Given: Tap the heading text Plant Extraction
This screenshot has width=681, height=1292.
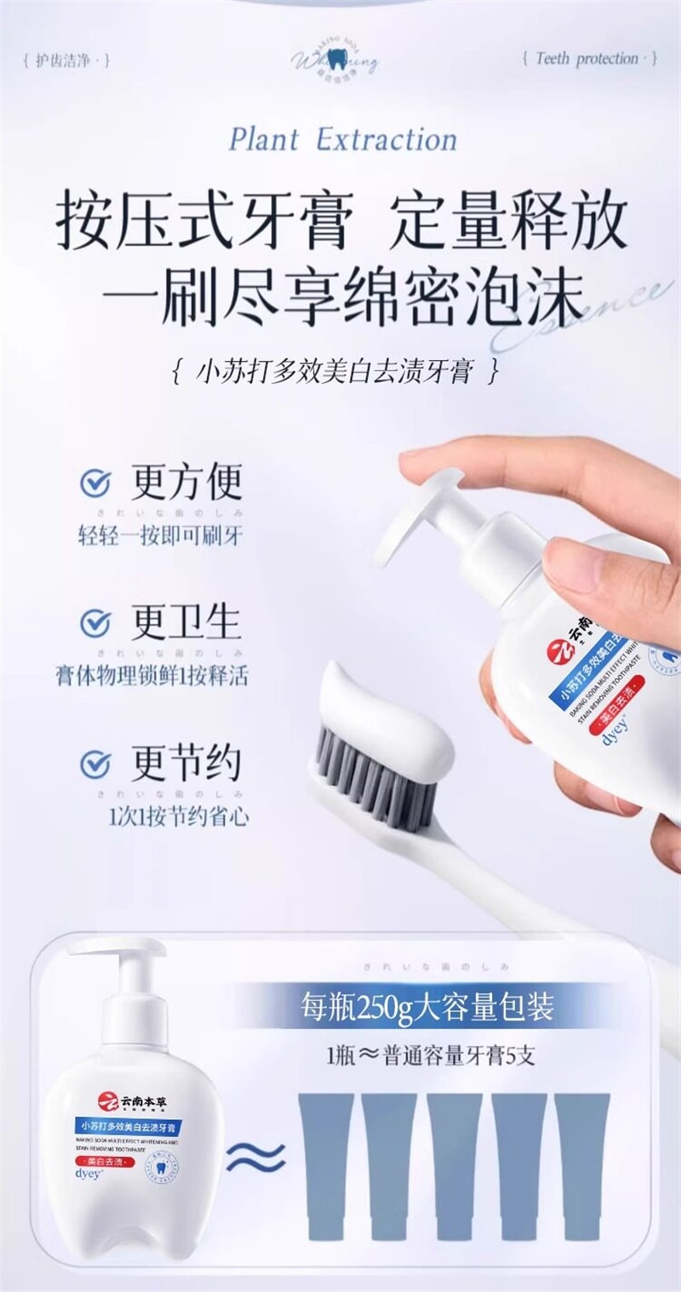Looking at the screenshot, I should coord(342,140).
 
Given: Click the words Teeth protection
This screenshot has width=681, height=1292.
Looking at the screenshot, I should coord(587,59).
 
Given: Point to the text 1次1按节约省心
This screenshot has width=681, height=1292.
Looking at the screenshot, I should coord(179,817).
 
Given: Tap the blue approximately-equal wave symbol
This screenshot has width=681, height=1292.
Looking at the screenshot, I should coord(255,1157).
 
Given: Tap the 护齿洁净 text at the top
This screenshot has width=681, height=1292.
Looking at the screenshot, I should coord(67,60).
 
